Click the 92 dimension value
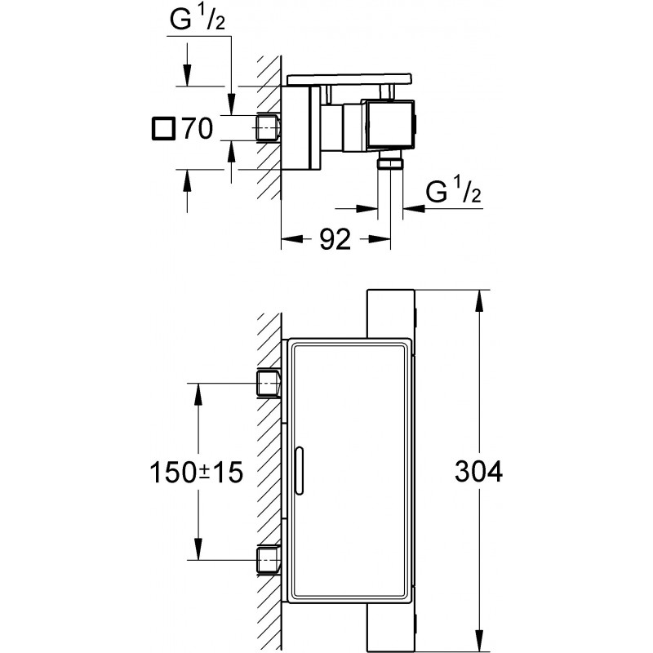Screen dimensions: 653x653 [334, 239]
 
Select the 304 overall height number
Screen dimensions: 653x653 [479, 471]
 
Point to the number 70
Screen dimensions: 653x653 [197, 128]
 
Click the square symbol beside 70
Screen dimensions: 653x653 [164, 128]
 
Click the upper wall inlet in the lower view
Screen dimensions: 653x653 [269, 382]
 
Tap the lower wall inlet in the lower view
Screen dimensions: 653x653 [269, 560]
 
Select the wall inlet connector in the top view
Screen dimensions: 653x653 [269, 127]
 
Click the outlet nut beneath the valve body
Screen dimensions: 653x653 [392, 162]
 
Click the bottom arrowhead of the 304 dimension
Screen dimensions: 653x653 [478, 645]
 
